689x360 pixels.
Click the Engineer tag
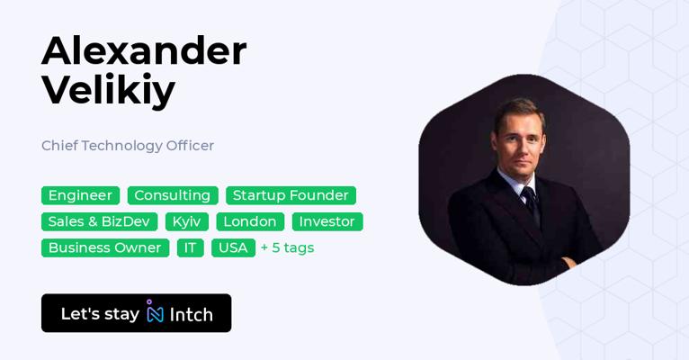pos(80,195)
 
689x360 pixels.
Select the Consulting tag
pos(173,195)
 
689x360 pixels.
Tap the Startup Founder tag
pos(291,195)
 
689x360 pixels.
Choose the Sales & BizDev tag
pos(99,221)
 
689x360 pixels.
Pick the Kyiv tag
pos(187,221)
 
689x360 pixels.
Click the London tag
pos(250,221)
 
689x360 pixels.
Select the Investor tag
pos(327,221)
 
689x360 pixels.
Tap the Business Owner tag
pos(105,247)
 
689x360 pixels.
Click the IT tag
pos(191,247)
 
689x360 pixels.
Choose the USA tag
pos(233,247)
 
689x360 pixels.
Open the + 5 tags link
pos(287,247)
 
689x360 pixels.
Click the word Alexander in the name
pos(144,51)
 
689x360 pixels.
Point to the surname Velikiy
pos(109,91)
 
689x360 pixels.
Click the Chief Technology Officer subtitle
pos(128,146)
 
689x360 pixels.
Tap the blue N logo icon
pos(155,311)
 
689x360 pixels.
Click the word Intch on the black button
pos(192,314)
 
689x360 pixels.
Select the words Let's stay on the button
pos(100,314)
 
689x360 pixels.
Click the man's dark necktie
pos(531,205)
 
